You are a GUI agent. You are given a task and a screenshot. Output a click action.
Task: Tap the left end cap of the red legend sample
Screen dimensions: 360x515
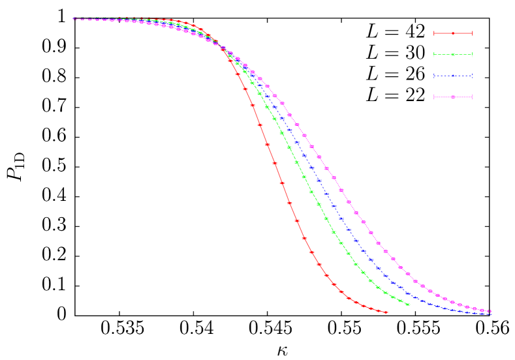(x=433, y=33)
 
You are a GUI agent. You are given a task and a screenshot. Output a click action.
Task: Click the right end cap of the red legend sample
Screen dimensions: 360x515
(x=472, y=33)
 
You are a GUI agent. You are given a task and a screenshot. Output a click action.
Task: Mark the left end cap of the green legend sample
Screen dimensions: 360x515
(x=433, y=54)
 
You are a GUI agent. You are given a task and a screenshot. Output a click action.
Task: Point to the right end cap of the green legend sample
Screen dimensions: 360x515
(x=472, y=54)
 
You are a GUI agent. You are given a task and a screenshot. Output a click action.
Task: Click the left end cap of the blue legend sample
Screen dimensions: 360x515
(x=433, y=76)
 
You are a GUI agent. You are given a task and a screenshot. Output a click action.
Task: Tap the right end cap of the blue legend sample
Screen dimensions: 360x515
(x=472, y=76)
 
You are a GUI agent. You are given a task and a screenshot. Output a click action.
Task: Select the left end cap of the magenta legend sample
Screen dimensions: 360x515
(x=433, y=97)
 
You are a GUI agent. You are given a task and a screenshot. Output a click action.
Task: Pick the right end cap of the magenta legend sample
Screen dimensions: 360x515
(x=472, y=97)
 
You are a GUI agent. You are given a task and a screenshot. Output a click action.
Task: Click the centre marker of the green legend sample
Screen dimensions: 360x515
(x=453, y=54)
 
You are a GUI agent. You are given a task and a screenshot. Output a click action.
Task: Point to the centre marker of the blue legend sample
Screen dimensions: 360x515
(x=453, y=76)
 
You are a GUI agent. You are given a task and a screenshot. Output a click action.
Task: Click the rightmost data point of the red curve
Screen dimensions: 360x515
(x=386, y=312)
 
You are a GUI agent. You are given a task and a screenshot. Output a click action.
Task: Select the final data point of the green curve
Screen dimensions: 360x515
(x=409, y=305)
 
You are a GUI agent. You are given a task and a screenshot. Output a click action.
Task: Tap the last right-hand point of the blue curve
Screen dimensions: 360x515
(x=490, y=314)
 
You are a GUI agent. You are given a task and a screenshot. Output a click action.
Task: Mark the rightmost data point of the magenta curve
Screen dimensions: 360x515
(x=490, y=311)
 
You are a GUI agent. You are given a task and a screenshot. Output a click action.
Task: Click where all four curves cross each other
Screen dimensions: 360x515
(x=223, y=48)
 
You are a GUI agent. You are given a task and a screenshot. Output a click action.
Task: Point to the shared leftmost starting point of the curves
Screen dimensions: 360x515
(x=74, y=19)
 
